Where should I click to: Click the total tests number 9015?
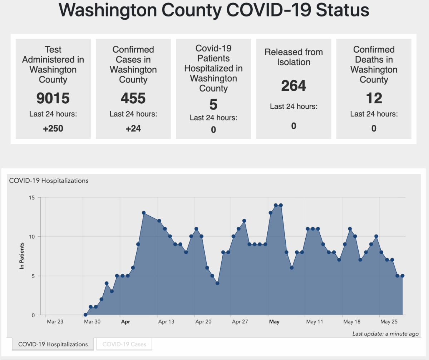click(x=53, y=98)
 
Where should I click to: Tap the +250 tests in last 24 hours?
click(x=53, y=128)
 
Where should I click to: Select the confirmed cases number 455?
click(x=133, y=98)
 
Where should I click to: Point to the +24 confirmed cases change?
click(x=133, y=128)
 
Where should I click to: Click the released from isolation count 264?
click(x=294, y=86)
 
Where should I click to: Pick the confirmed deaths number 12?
click(x=374, y=98)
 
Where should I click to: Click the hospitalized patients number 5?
click(x=213, y=105)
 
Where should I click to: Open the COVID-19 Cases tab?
click(x=124, y=344)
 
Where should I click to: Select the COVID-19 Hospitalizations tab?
click(x=53, y=344)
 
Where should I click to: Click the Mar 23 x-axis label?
click(x=55, y=322)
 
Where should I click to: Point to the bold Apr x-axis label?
click(x=125, y=322)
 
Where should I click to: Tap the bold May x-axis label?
click(x=274, y=322)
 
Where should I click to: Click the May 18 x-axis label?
click(x=352, y=322)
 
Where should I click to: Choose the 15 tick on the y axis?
click(x=32, y=197)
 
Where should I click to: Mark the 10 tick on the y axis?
click(x=32, y=237)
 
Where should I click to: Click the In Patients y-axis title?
click(x=22, y=256)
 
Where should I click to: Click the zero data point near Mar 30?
click(x=85, y=315)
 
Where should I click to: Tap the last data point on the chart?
click(x=403, y=276)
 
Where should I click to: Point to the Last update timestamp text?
click(x=385, y=334)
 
